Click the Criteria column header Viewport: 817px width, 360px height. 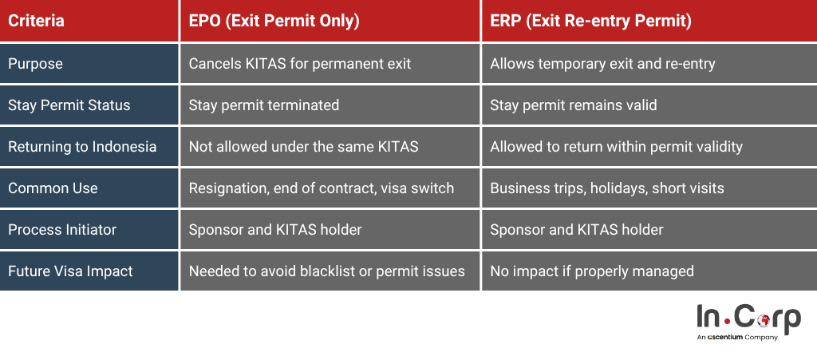[x=37, y=21]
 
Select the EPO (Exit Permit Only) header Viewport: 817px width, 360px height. [x=274, y=21]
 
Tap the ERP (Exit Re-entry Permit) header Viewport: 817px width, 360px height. [x=591, y=21]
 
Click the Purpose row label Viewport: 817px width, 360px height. [x=35, y=64]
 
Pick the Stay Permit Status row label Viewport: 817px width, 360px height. [x=69, y=105]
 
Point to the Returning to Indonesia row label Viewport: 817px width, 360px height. [x=82, y=146]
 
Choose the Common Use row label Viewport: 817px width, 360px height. [x=53, y=188]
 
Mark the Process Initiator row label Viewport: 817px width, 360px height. [x=62, y=229]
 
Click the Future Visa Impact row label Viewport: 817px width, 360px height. [x=70, y=271]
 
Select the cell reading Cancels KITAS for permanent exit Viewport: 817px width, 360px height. [x=300, y=64]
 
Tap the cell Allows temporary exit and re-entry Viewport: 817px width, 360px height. [x=602, y=64]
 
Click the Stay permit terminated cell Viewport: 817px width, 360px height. [x=263, y=105]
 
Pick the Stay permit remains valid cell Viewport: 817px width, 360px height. [x=573, y=105]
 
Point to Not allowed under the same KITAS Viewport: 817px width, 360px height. [x=303, y=146]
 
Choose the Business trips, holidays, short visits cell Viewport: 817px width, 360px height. [x=607, y=188]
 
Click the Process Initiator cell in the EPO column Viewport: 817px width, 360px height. [x=275, y=229]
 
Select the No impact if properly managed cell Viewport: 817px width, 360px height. [x=592, y=271]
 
